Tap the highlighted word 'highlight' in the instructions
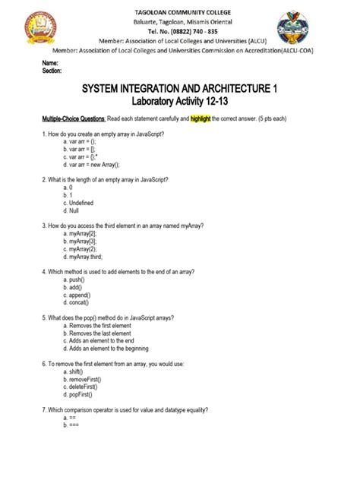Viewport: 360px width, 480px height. (x=217, y=119)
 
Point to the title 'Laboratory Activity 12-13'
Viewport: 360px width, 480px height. (x=179, y=102)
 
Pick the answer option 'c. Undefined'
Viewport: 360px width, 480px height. (x=82, y=202)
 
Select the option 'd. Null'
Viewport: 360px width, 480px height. (x=74, y=210)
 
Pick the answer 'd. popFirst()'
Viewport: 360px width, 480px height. (x=81, y=396)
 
